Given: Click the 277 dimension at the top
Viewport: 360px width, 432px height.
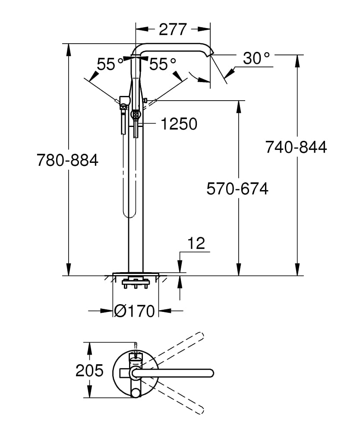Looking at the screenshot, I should (x=173, y=29).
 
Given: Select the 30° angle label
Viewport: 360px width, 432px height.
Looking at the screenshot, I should (x=256, y=58).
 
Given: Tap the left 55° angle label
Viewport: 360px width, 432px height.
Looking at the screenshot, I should (x=110, y=65).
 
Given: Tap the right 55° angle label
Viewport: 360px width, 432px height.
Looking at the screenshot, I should (x=163, y=65).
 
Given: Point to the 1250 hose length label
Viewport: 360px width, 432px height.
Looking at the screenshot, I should (x=179, y=124).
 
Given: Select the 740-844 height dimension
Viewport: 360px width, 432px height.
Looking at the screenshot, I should (x=296, y=147).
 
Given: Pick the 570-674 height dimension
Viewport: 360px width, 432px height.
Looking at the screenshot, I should (x=237, y=189).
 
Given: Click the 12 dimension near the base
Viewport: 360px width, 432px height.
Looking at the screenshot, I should (x=196, y=244).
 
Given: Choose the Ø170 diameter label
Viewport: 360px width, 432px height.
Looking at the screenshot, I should (x=135, y=311).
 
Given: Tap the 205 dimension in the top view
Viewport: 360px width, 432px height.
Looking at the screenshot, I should (x=89, y=370).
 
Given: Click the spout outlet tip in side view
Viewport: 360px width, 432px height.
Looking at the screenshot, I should (x=211, y=53).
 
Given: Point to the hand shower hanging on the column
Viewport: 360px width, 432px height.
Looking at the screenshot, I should (x=123, y=114).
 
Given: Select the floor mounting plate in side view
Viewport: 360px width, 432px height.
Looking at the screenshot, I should (x=136, y=274).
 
